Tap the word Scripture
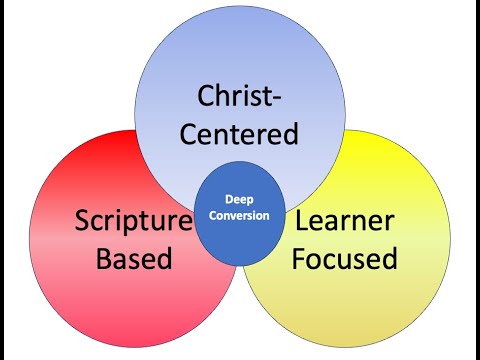133,221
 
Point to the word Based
133,258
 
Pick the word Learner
346,221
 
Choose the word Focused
346,258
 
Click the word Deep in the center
239,199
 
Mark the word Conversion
239,214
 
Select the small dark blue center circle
239,228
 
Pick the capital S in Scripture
82,221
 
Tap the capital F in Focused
302,258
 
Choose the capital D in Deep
226,199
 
